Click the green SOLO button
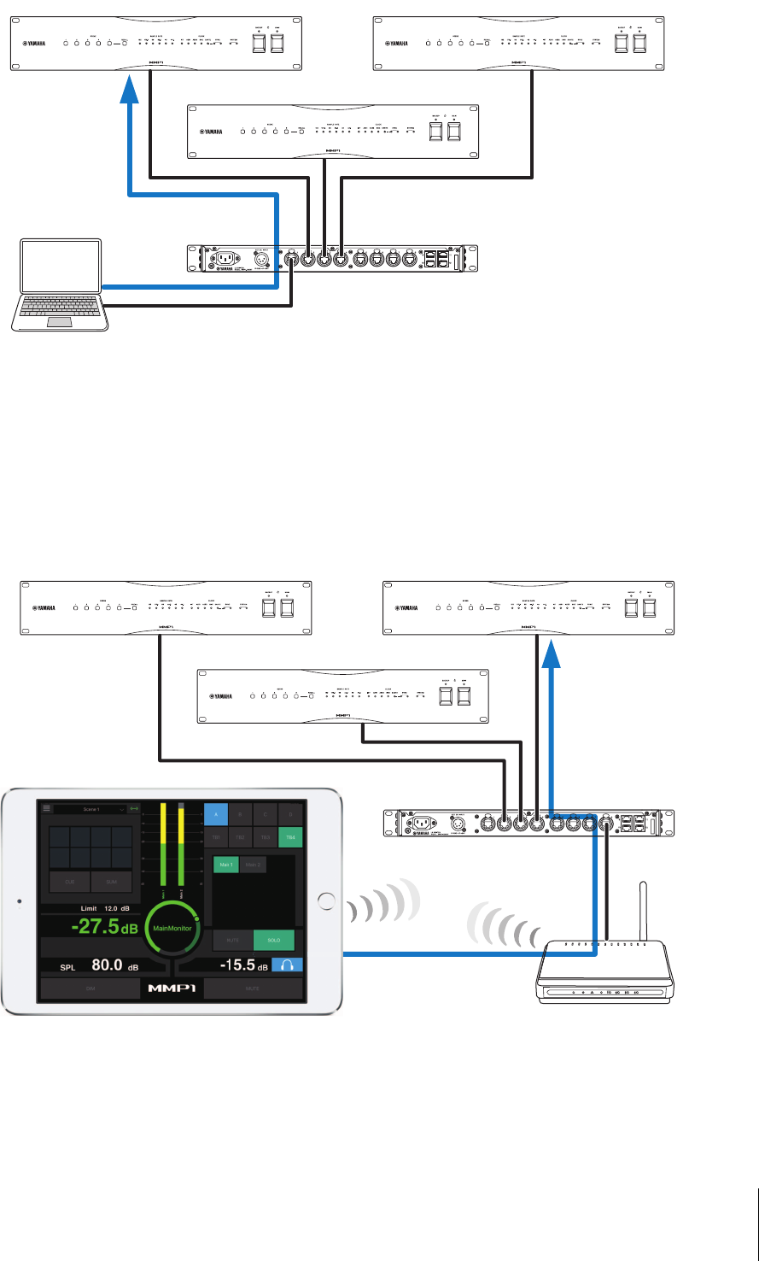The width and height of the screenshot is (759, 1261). coord(273,941)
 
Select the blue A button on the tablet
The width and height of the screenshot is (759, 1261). coord(216,814)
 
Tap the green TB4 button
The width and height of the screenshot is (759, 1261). coord(291,837)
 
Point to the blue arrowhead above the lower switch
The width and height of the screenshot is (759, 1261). coord(553,657)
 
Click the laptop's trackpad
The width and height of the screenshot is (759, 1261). coord(59,321)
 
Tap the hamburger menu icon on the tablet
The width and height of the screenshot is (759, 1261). coord(46,807)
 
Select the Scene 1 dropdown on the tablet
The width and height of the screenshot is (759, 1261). coord(89,807)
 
